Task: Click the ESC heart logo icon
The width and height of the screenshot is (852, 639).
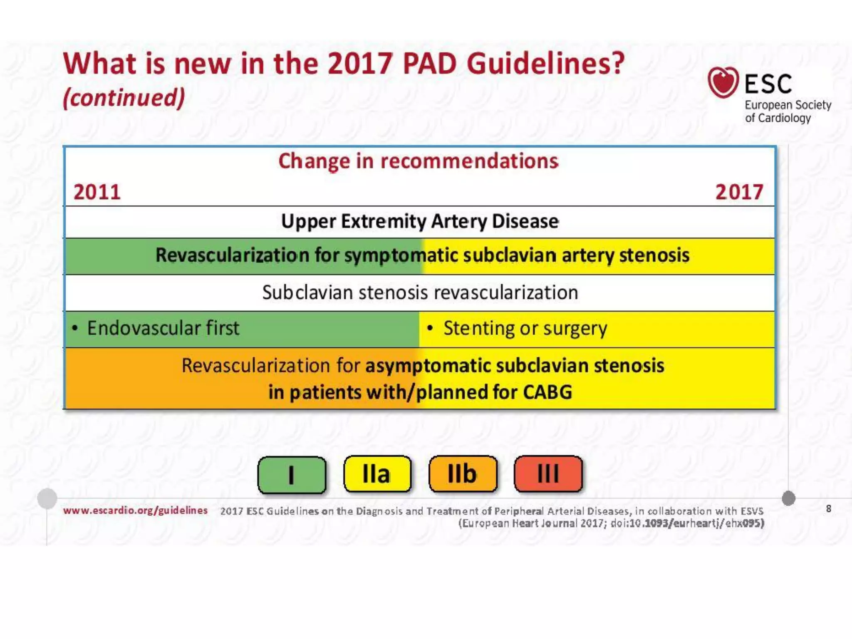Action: click(x=723, y=82)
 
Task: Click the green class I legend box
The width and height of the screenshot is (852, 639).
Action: click(x=292, y=475)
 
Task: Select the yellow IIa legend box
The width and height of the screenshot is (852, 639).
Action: click(x=377, y=474)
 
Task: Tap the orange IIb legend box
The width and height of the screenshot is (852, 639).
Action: click(x=463, y=474)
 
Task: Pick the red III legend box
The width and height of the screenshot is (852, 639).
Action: click(x=548, y=474)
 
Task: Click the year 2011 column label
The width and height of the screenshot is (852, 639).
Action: click(x=97, y=192)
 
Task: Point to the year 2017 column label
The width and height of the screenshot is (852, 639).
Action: click(x=739, y=192)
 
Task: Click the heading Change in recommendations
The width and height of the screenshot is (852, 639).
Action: click(x=418, y=161)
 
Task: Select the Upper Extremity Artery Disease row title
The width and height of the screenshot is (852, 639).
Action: click(x=420, y=221)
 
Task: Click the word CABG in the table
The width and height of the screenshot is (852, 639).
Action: click(x=547, y=392)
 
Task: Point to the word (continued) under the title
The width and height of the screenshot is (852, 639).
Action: click(x=124, y=98)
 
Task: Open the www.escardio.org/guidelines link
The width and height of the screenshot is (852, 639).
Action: click(x=135, y=510)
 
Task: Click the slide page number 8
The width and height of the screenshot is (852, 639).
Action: click(x=828, y=509)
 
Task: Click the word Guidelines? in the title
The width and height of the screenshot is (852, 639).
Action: click(x=546, y=64)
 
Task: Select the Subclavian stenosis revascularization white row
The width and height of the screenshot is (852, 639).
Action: click(x=420, y=292)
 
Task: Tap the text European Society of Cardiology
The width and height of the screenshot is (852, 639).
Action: click(x=788, y=111)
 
